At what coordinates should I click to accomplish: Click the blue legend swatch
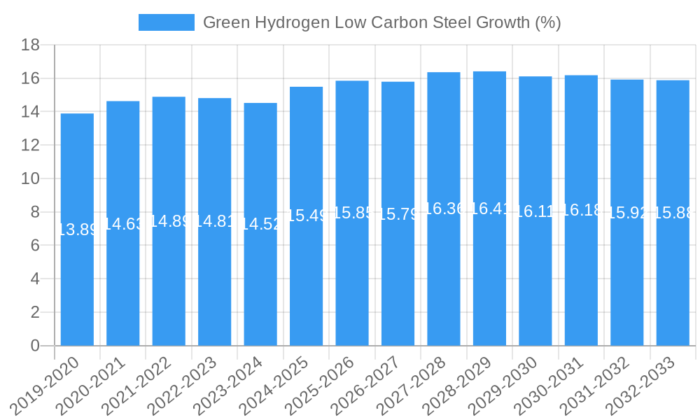pyautogui.click(x=167, y=22)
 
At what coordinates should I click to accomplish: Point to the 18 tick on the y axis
pyautogui.click(x=30, y=45)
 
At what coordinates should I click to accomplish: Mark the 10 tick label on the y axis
pyautogui.click(x=30, y=179)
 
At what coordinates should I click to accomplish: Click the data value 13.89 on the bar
pyautogui.click(x=77, y=230)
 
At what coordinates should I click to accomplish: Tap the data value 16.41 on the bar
pyautogui.click(x=489, y=209)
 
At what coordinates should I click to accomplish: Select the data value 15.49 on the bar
pyautogui.click(x=307, y=216)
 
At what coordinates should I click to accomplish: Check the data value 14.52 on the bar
pyautogui.click(x=260, y=224)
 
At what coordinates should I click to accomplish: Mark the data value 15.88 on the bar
pyautogui.click(x=673, y=213)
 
